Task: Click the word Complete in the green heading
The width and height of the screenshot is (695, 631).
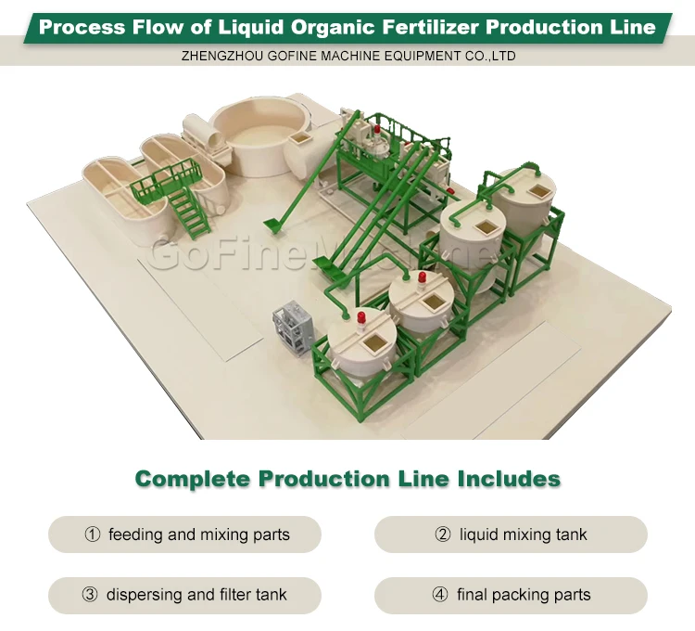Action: [192, 480]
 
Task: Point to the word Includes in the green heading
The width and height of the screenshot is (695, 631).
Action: [509, 480]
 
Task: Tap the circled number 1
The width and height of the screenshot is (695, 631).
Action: [92, 534]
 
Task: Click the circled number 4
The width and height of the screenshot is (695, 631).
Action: [440, 595]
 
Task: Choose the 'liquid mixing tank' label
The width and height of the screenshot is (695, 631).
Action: [524, 534]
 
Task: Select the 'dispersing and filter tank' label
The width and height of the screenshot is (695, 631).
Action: [196, 595]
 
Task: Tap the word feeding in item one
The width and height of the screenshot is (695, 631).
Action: [136, 534]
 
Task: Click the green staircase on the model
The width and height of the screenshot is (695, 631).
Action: [189, 211]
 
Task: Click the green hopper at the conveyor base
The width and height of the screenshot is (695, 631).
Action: [274, 224]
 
